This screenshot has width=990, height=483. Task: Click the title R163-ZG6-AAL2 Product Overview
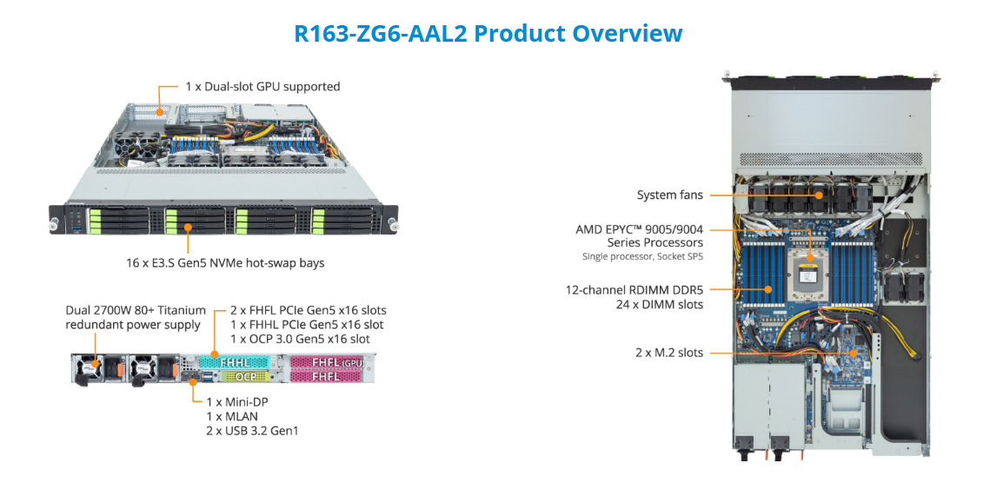[488, 34]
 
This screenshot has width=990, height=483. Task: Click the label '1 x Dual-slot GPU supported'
[262, 87]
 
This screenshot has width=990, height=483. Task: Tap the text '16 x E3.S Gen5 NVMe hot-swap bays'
[225, 262]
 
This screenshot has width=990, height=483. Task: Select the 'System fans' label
[669, 195]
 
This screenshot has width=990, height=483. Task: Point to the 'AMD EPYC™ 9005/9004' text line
[639, 229]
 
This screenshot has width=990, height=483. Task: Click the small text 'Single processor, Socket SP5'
[642, 257]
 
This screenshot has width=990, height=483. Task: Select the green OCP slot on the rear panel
[246, 377]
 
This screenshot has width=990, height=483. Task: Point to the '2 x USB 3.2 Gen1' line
[251, 430]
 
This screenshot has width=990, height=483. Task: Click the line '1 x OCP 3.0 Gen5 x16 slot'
[300, 338]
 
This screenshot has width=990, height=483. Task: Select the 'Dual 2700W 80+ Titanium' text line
[136, 310]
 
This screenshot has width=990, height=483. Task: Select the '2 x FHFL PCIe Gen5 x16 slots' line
[308, 310]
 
